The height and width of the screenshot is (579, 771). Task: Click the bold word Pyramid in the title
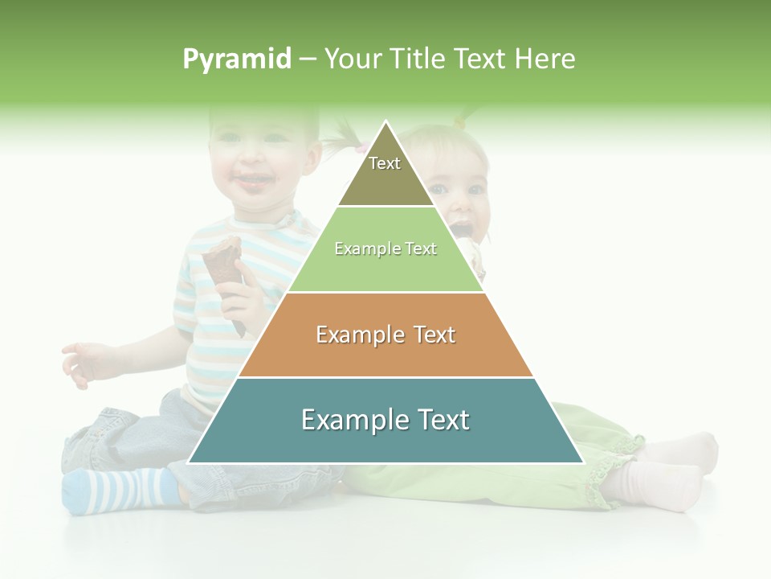(236, 60)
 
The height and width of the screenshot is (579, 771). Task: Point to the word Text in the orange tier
(434, 335)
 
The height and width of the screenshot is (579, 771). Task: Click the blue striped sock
(120, 490)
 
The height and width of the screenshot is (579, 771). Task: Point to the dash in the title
(307, 60)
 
